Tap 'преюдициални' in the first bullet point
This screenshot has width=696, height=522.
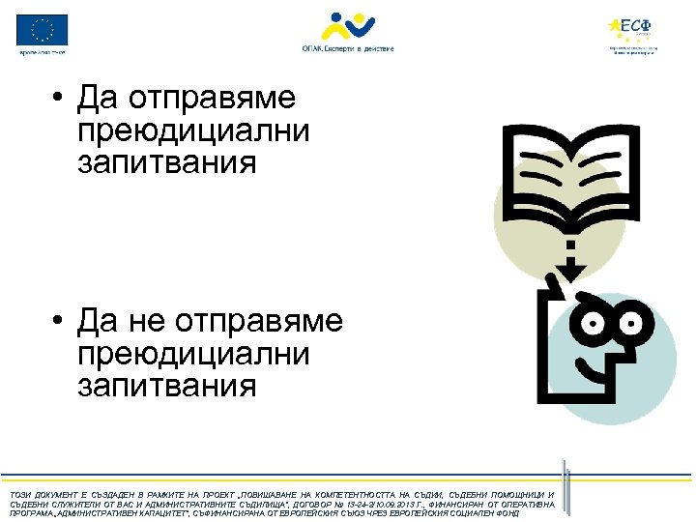pos(193,131)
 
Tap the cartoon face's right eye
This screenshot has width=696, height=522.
pos(633,318)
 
